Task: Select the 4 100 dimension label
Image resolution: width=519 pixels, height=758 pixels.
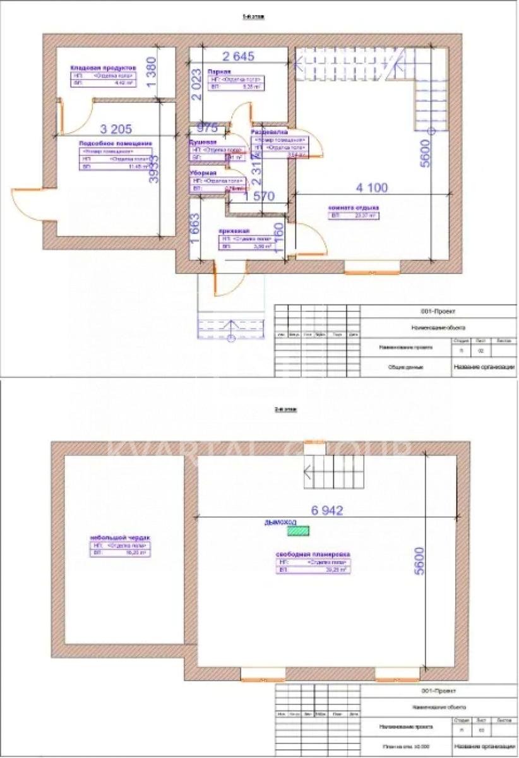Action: pyautogui.click(x=372, y=188)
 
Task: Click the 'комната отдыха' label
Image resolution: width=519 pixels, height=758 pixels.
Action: pyautogui.click(x=352, y=207)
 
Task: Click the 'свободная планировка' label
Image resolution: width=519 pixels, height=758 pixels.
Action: pyautogui.click(x=313, y=554)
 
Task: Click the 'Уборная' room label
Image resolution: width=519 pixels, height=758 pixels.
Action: pyautogui.click(x=205, y=172)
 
